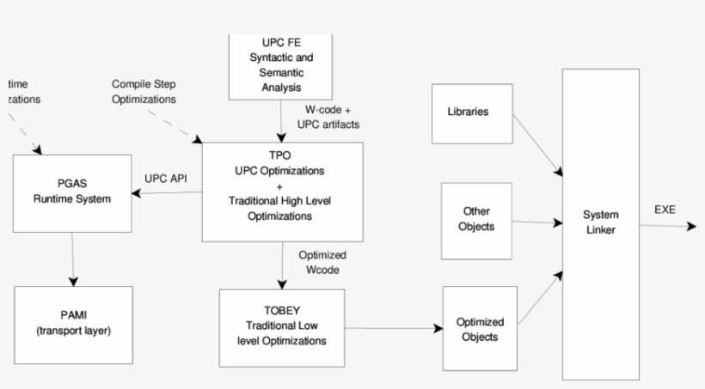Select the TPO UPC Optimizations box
pyautogui.click(x=282, y=191)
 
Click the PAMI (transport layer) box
pyautogui.click(x=74, y=324)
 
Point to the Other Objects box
pyautogui.click(x=475, y=220)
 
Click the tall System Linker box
pyautogui.click(x=600, y=223)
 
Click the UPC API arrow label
pyautogui.click(x=166, y=179)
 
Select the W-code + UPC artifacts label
pyautogui.click(x=332, y=118)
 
